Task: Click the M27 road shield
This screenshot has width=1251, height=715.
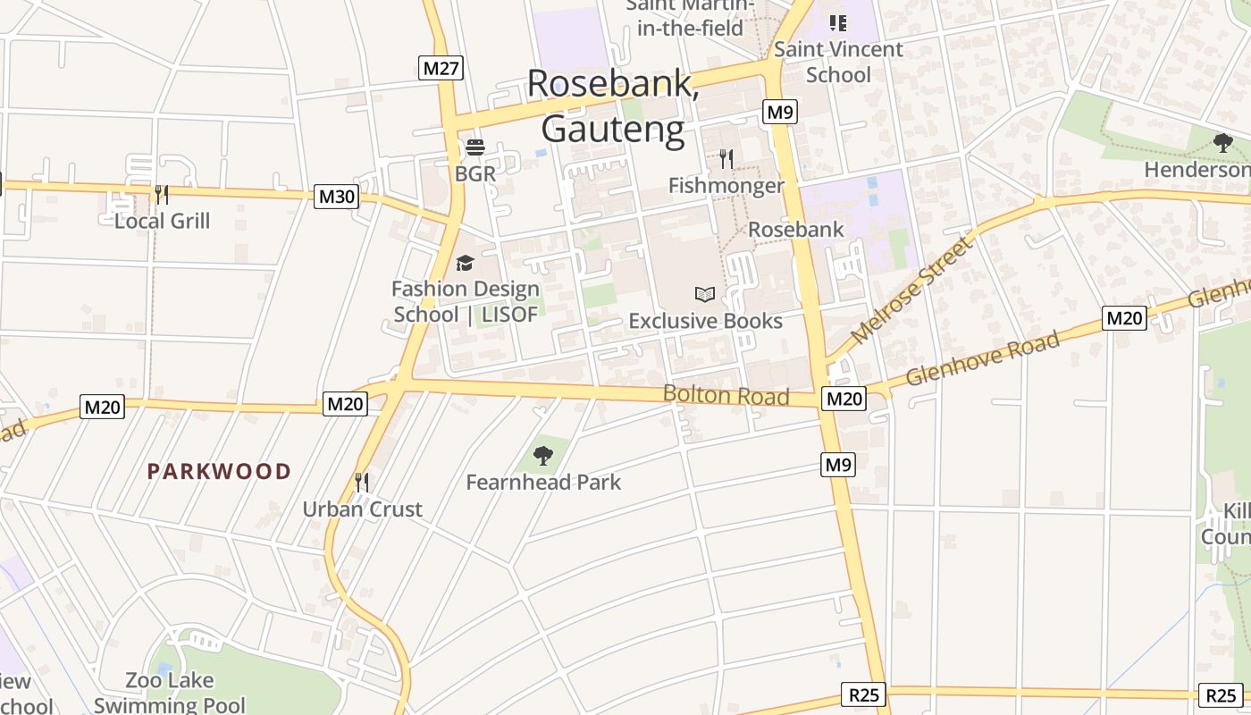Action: point(441,68)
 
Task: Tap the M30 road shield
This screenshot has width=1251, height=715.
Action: point(336,197)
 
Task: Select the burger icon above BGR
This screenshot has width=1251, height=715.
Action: point(474,147)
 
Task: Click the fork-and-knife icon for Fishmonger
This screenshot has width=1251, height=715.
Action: point(726,159)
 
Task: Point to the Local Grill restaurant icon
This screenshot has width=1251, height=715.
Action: point(161,195)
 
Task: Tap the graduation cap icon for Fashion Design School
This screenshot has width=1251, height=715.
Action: point(465,263)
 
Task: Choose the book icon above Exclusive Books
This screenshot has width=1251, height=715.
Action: point(705,294)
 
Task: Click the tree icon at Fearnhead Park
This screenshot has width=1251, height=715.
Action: point(542,456)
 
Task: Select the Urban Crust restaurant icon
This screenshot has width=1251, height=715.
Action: point(362,483)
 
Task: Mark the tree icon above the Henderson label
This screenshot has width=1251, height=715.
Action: point(1223,143)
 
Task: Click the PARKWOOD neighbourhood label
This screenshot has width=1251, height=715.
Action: point(219,471)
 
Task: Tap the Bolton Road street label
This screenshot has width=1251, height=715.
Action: point(726,395)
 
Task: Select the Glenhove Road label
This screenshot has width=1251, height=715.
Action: point(983,358)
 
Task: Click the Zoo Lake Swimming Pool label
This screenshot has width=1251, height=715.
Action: point(170,693)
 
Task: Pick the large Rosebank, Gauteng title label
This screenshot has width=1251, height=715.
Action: point(613,105)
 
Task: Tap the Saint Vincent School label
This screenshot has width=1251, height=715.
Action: point(838,62)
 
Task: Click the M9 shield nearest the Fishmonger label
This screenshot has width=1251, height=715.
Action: point(780,112)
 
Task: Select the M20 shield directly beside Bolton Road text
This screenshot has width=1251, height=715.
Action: point(844,399)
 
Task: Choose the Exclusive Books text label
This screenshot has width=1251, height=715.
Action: point(705,321)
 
